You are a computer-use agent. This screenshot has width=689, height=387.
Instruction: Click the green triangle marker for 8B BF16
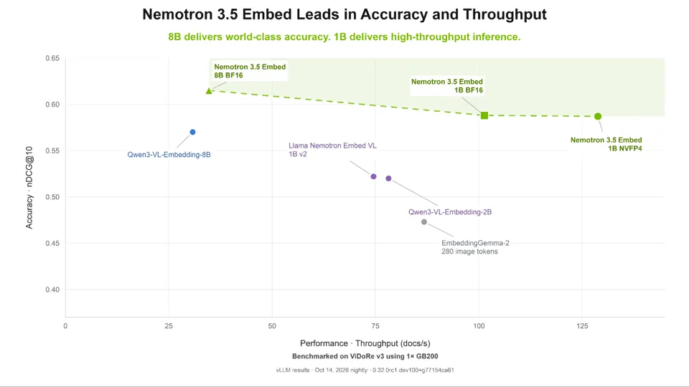click(209, 91)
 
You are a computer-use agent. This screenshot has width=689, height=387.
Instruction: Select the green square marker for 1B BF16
click(484, 115)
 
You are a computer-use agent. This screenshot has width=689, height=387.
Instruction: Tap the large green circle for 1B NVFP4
click(598, 116)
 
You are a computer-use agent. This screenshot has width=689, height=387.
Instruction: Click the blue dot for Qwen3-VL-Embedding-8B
click(192, 132)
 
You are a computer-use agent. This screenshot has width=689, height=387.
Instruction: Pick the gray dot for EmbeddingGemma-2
click(424, 222)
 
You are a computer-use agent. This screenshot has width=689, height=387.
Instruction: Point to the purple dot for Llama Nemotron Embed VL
click(373, 176)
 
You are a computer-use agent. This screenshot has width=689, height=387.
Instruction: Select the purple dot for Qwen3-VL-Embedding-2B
click(388, 178)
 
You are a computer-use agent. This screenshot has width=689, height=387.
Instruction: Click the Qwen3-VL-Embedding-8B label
click(169, 155)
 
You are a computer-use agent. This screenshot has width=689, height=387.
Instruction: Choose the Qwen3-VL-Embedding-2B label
click(450, 212)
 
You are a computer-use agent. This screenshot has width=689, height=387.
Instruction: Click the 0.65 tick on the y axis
click(52, 58)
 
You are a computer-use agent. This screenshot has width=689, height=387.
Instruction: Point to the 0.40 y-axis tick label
click(52, 290)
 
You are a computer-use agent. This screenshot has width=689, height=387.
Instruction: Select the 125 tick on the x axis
click(582, 326)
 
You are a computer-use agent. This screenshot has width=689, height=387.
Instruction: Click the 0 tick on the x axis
click(65, 326)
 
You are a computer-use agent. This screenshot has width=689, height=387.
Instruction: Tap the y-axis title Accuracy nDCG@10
click(29, 187)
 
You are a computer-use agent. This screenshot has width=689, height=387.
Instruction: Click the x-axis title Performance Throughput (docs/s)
click(365, 343)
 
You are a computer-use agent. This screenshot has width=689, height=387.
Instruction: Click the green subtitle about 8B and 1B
click(344, 37)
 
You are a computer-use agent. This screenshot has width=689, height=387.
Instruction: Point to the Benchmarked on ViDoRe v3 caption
click(365, 356)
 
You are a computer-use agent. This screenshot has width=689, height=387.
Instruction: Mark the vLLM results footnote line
click(365, 370)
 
